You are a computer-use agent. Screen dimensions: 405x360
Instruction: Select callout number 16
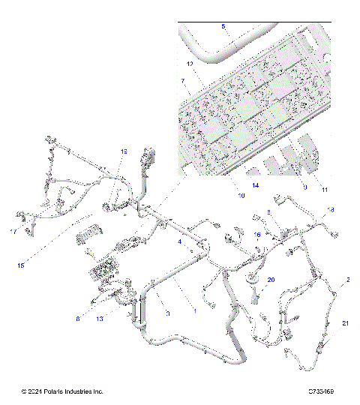(257, 235)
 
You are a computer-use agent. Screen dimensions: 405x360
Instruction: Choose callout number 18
(331, 210)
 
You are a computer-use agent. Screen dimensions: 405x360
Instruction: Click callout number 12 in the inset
(190, 64)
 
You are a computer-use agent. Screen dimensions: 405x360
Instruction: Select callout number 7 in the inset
(181, 79)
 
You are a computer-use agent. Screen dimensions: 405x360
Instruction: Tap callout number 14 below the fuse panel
(256, 184)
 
